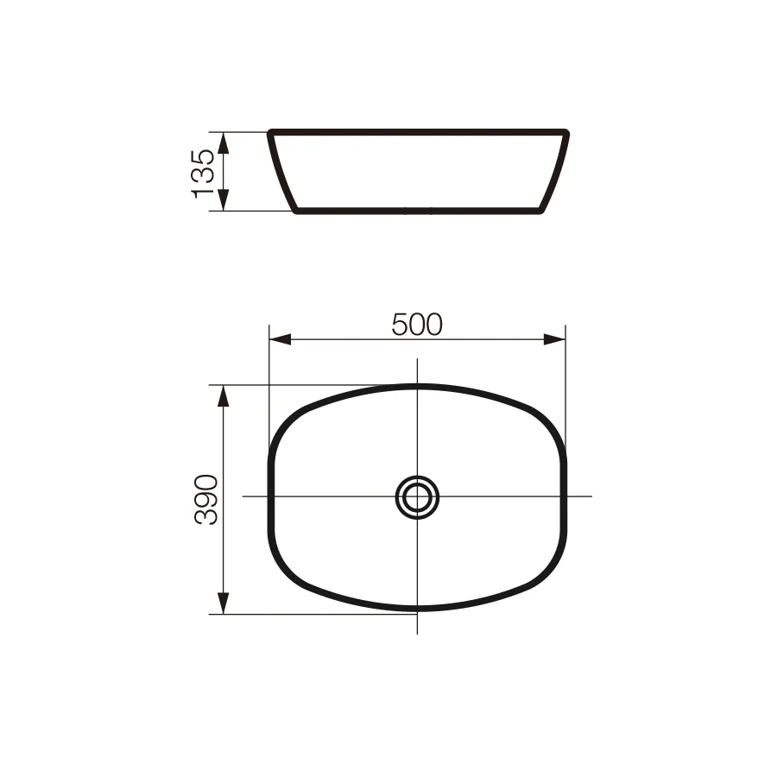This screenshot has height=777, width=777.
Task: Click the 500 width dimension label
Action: click(417, 325)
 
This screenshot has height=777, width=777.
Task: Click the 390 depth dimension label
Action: click(206, 500)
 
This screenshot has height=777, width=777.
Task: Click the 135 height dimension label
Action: click(203, 174)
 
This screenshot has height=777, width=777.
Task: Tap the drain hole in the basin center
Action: click(417, 497)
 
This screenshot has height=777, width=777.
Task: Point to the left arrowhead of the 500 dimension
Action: click(280, 339)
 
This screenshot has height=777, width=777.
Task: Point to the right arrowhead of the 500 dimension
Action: click(554, 339)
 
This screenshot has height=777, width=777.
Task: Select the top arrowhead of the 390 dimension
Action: click(224, 396)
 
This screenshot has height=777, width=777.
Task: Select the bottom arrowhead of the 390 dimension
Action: click(224, 603)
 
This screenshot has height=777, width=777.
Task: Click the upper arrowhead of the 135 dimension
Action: click(224, 143)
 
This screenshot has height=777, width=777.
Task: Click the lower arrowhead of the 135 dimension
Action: click(224, 199)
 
